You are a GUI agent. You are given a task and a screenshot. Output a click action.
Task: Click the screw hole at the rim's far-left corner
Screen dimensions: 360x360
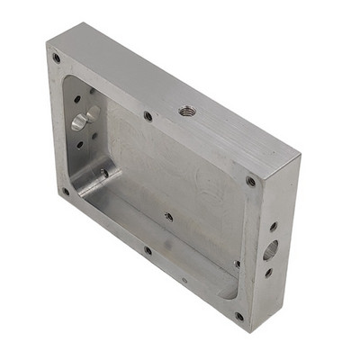[56, 58]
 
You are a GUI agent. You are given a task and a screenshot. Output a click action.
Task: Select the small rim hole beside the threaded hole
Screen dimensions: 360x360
[148, 115]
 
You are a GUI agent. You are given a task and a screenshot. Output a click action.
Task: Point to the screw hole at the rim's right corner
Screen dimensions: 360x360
[250, 182]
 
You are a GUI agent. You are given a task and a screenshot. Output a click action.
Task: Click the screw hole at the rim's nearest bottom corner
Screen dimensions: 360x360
[238, 316]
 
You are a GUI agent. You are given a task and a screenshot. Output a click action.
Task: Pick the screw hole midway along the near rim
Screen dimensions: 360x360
[148, 250]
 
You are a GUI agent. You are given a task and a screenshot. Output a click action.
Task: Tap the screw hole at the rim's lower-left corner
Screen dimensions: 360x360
[65, 191]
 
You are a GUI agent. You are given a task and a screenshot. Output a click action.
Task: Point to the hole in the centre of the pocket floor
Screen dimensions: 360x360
[168, 216]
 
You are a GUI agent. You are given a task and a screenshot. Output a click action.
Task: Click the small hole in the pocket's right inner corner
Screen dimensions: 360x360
[237, 264]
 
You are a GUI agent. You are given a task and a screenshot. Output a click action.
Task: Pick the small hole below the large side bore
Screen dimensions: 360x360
[268, 272]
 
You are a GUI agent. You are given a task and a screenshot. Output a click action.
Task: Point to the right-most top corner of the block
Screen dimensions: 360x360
[301, 158]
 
